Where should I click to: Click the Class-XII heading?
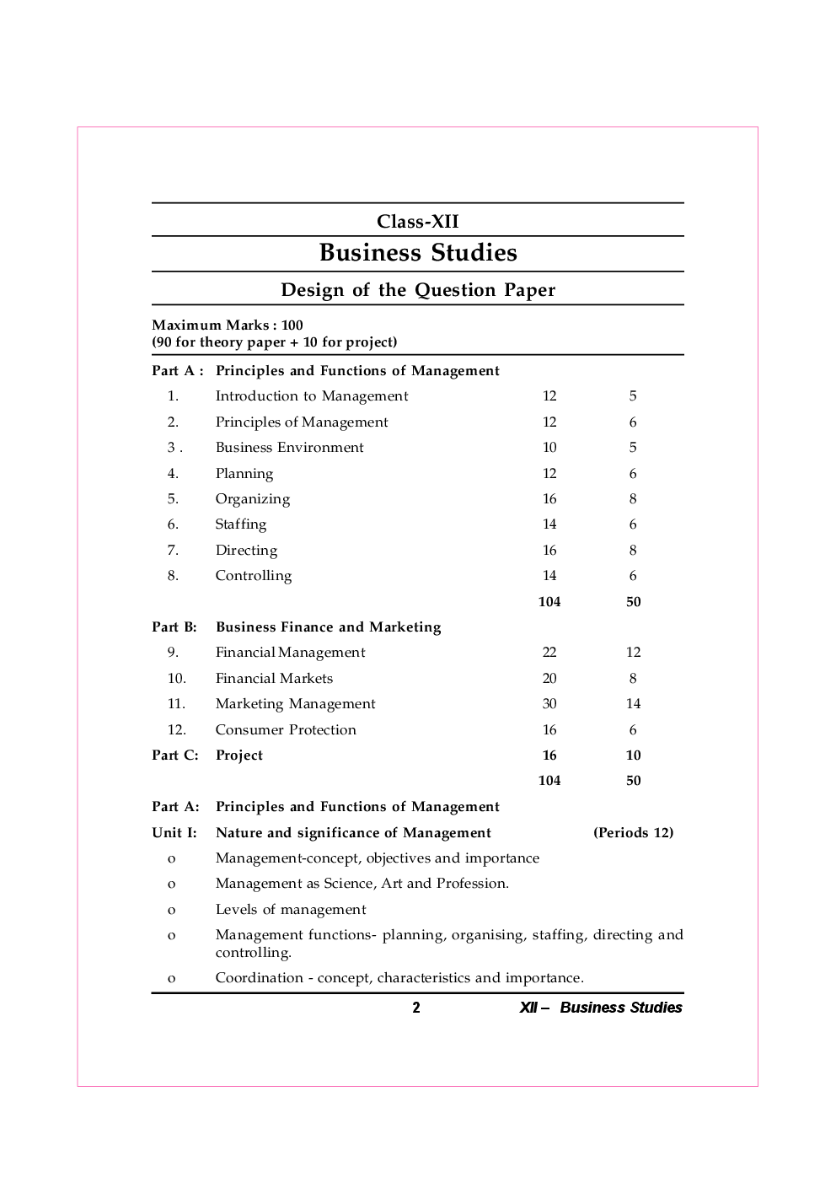click(x=417, y=222)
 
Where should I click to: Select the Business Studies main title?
click(x=417, y=253)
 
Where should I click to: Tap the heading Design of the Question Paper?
click(x=417, y=290)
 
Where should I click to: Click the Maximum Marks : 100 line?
click(x=228, y=325)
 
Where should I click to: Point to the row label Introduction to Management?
click(x=311, y=396)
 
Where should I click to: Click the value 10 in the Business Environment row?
click(x=549, y=448)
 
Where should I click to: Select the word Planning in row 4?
click(x=244, y=474)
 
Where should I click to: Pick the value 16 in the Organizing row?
click(x=549, y=499)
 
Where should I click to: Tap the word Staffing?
click(x=240, y=524)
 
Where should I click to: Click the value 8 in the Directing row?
click(x=633, y=551)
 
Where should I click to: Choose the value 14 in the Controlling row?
click(x=549, y=576)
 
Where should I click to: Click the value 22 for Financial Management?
click(x=549, y=653)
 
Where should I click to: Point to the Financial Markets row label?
click(x=274, y=679)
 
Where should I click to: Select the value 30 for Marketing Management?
click(x=549, y=704)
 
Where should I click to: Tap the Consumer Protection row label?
click(x=286, y=730)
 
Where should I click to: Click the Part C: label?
click(x=175, y=756)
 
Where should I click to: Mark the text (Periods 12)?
click(x=633, y=833)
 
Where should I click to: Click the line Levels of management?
click(x=291, y=910)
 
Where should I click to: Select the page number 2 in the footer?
click(x=416, y=1008)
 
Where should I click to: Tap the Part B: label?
click(x=174, y=627)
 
